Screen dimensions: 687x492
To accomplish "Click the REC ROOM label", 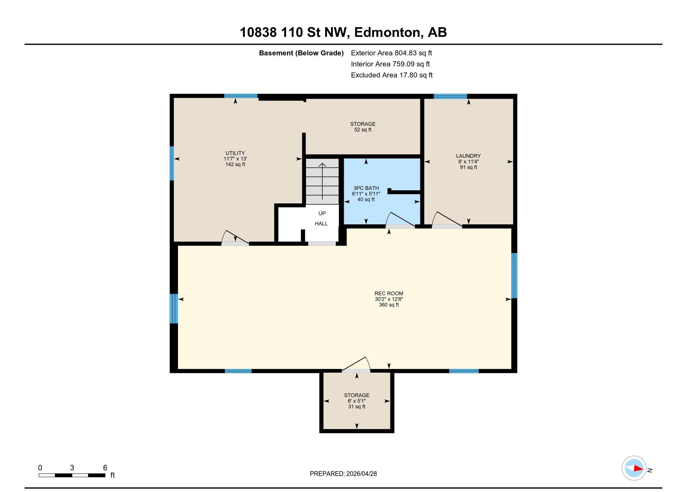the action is click(x=389, y=299).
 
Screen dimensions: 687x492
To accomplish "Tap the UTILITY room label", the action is click(x=235, y=159).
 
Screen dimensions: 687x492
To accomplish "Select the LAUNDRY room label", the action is click(x=468, y=162).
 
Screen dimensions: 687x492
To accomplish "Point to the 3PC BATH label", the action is click(x=366, y=194).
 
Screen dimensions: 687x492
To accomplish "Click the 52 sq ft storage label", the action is click(x=363, y=127).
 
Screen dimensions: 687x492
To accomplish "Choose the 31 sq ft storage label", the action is click(x=357, y=401).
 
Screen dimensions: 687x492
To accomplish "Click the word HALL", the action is click(x=321, y=224).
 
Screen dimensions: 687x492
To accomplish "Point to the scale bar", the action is click(x=72, y=475).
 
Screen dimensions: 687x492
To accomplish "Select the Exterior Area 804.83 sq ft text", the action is click(x=391, y=53).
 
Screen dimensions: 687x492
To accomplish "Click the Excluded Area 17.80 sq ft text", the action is click(x=392, y=75).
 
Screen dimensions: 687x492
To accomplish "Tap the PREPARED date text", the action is click(x=343, y=474).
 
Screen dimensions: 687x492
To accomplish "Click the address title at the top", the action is click(x=343, y=32).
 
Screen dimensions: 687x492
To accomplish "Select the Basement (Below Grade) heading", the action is click(x=301, y=53).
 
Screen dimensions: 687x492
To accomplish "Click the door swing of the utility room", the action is click(x=235, y=237).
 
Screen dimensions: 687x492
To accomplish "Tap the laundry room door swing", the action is click(x=447, y=219).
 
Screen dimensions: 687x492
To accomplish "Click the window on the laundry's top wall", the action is click(x=450, y=96).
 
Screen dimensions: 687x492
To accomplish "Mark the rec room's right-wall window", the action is click(x=514, y=276).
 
